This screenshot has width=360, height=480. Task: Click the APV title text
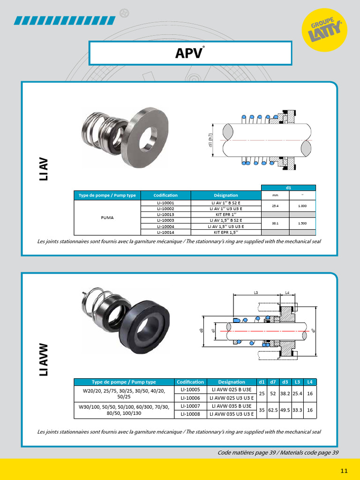(x=190, y=53)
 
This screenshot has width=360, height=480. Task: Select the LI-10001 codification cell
(x=165, y=203)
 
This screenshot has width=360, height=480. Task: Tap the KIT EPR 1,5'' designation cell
(x=226, y=232)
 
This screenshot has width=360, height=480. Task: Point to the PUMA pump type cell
(x=107, y=217)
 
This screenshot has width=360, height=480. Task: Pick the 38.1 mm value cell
(x=275, y=223)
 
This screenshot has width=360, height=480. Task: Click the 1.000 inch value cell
(x=302, y=206)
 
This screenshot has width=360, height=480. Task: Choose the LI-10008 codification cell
(x=190, y=414)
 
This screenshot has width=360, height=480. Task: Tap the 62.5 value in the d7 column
(x=273, y=410)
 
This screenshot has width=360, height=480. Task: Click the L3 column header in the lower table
(x=297, y=382)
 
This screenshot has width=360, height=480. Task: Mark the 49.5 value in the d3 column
(x=285, y=410)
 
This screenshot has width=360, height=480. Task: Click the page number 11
(x=344, y=470)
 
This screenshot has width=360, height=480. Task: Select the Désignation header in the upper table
(x=226, y=195)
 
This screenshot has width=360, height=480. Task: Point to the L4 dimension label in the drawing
(x=287, y=292)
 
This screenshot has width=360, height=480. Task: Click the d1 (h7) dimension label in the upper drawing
(x=211, y=139)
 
